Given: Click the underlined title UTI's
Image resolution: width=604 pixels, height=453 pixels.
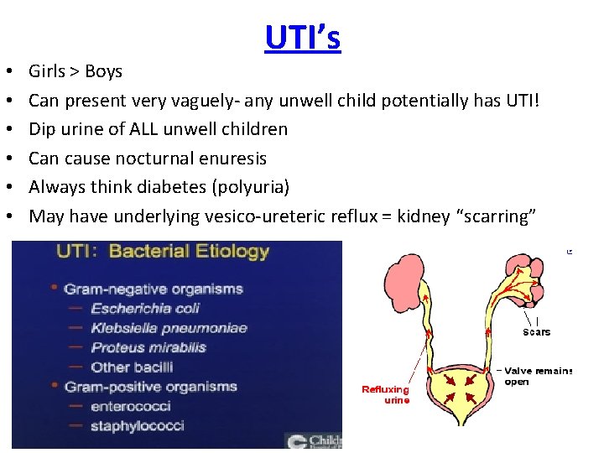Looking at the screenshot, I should [303, 38].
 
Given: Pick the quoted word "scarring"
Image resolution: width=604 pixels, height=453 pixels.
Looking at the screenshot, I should [492, 216].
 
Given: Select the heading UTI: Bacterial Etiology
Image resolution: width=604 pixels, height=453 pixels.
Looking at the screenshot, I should [162, 251].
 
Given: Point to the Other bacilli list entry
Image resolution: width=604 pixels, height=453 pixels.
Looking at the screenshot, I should [132, 367].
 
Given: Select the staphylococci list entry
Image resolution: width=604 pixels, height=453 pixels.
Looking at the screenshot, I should [137, 425].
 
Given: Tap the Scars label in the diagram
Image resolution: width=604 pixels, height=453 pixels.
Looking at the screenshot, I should [536, 331].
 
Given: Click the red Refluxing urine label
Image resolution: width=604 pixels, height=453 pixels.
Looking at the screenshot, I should [385, 394].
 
